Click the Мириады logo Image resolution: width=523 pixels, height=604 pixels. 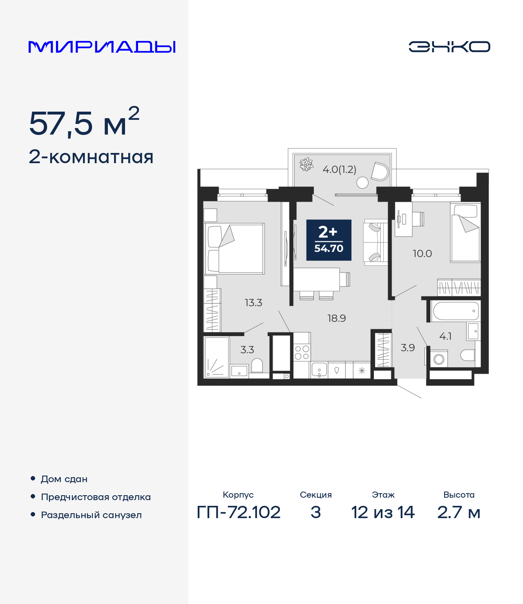[102, 47]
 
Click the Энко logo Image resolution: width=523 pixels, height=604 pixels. [449, 47]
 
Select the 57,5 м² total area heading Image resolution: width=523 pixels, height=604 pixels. [84, 123]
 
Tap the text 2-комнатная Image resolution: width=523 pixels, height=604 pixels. [91, 157]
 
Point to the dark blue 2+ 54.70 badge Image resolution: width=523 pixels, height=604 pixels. [329, 240]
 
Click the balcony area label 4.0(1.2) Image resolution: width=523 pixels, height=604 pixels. [339, 169]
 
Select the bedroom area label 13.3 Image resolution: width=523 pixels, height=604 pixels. [253, 303]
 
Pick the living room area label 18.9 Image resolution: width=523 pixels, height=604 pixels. [337, 318]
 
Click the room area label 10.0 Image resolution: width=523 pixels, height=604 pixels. [422, 254]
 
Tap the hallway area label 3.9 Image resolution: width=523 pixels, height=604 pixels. [407, 348]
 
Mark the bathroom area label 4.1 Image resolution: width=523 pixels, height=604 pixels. [445, 336]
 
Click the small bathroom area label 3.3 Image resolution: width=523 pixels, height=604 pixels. [247, 350]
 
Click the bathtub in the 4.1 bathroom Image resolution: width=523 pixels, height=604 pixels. [455, 311]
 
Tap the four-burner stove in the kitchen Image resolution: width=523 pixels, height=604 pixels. [302, 353]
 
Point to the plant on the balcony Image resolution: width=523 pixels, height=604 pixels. [306, 164]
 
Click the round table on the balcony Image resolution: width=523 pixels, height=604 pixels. [362, 182]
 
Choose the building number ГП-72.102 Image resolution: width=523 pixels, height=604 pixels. [239, 512]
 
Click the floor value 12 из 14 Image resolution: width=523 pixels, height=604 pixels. [383, 512]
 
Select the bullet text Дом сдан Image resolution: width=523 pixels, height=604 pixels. [64, 479]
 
